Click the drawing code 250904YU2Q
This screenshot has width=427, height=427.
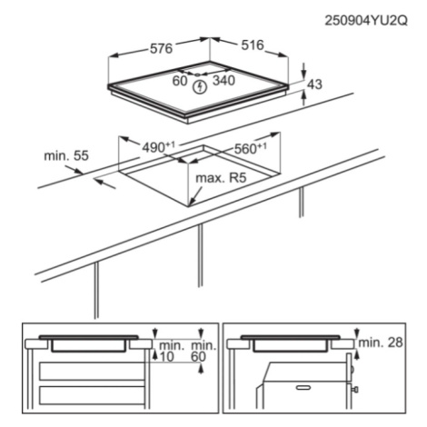(x=366, y=21)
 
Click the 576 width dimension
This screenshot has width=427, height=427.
(x=162, y=48)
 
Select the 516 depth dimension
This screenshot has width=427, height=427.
(x=253, y=45)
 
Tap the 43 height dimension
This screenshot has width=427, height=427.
(x=314, y=84)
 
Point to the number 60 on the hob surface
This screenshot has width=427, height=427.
(x=180, y=81)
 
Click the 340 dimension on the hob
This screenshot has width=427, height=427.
(x=223, y=81)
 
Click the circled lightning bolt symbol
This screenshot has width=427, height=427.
(x=200, y=87)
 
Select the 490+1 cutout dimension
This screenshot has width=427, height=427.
(x=159, y=147)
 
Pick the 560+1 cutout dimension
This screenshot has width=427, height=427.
(x=251, y=148)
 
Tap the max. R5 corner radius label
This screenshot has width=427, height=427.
(x=222, y=178)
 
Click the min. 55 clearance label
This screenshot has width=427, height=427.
(x=66, y=155)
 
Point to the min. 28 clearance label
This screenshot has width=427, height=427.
(x=381, y=343)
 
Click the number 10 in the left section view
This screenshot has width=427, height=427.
(x=167, y=357)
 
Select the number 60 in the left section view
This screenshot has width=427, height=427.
(x=198, y=357)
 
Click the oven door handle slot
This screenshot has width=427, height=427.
(x=305, y=387)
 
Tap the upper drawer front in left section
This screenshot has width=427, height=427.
(x=92, y=372)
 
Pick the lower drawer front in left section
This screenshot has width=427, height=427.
(x=92, y=396)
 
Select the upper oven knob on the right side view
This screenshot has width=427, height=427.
(x=353, y=369)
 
